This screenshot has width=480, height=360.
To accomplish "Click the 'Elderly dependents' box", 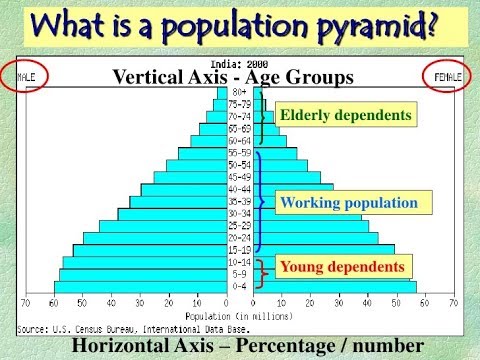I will pyautogui.click(x=345, y=115).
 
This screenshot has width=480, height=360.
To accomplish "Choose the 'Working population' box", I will pyautogui.click(x=349, y=203).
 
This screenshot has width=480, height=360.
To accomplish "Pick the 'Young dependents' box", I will pyautogui.click(x=342, y=267).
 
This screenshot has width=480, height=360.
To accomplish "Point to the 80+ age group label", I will pyautogui.click(x=240, y=92).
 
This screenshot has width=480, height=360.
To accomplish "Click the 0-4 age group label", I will pyautogui.click(x=240, y=287).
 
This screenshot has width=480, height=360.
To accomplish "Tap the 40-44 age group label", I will pyautogui.click(x=240, y=189).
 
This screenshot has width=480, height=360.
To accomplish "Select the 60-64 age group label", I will pyautogui.click(x=240, y=141).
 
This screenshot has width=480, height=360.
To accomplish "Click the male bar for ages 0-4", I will pyautogui.click(x=140, y=287).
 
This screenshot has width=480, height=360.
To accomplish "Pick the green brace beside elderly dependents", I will pyautogui.click(x=263, y=117).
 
